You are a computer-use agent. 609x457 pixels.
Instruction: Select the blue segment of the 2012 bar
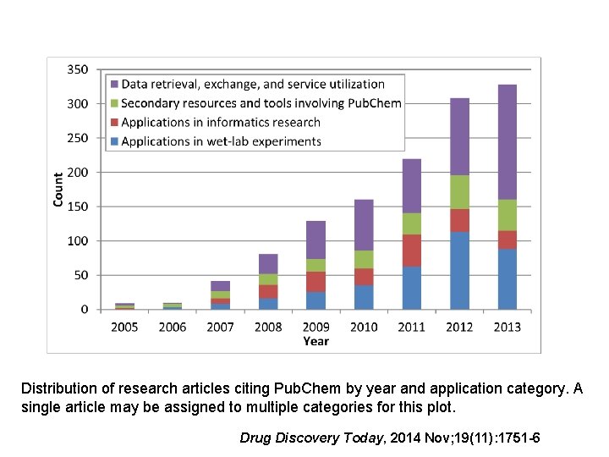459,271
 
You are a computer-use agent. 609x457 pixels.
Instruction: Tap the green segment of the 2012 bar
459,192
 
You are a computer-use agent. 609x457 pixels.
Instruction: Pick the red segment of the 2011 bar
412,251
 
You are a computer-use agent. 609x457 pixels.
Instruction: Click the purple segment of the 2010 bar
365,225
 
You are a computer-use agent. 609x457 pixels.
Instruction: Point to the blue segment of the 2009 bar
315,300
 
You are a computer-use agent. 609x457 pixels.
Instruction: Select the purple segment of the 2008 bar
268,263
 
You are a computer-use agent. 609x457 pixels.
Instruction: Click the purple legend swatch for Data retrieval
112,85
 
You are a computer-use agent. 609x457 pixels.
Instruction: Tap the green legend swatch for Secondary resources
112,103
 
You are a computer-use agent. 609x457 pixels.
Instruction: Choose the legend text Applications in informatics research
221,123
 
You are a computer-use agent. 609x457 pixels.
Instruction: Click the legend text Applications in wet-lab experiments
221,141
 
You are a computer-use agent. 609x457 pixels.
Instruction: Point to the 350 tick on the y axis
77,69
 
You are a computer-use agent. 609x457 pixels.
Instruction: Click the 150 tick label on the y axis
77,206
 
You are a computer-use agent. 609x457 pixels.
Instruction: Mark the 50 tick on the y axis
80,275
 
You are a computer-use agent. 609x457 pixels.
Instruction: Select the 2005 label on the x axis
125,327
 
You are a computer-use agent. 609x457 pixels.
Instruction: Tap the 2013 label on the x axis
507,327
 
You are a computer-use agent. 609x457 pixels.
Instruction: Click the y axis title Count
58,190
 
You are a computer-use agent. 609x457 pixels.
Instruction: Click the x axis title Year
315,342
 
